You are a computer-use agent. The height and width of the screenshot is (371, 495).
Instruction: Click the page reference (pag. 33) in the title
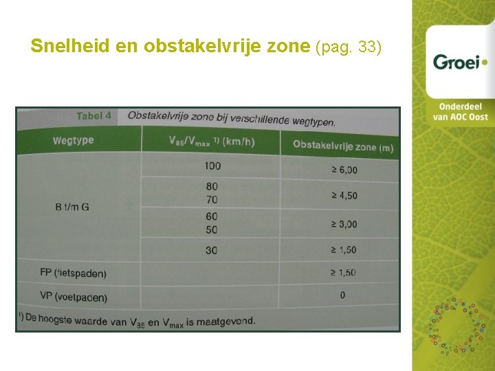point(348,47)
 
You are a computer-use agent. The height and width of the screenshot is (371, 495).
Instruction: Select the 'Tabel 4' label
point(93,116)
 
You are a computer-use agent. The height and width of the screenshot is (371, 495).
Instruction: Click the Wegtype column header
point(73,141)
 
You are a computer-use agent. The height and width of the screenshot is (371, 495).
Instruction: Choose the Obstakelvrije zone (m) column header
point(343,146)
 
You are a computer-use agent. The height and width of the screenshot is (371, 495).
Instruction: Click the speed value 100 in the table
point(212,166)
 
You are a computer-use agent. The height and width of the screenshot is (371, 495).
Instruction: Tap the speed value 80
point(212,186)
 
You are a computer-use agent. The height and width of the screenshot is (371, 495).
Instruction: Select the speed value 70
point(212,199)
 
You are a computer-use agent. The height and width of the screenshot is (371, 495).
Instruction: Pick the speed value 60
point(211,216)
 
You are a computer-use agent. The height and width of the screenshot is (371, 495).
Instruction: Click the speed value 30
point(211,250)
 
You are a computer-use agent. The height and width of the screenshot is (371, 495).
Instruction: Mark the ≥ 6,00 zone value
point(344,170)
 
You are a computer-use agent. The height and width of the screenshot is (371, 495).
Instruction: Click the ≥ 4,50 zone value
point(344,196)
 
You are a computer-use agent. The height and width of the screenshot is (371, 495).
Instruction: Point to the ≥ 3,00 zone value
point(344,224)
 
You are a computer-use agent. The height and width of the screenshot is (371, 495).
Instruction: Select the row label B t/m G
point(72,207)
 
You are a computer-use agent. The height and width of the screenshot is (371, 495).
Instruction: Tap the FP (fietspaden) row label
point(73,273)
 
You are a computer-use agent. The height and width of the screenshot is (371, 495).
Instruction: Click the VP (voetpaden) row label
point(74,297)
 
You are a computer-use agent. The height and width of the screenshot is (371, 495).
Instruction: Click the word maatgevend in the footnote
point(224,321)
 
